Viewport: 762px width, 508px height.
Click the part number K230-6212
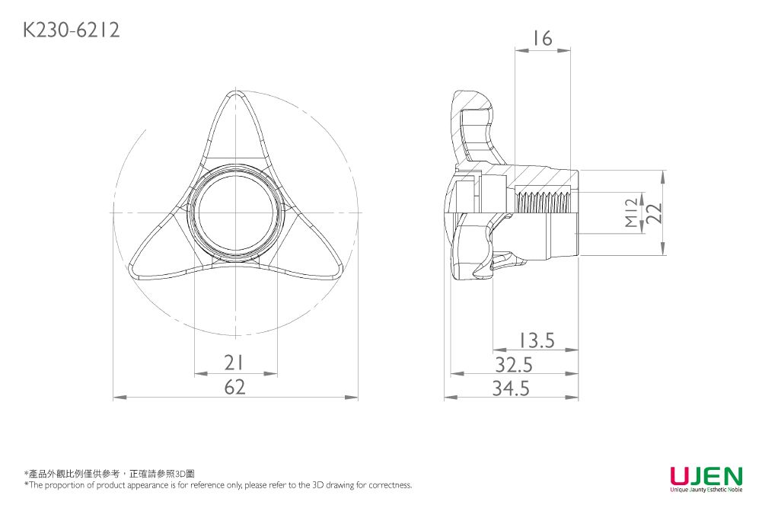click(x=71, y=30)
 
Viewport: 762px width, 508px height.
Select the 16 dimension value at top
click(x=542, y=38)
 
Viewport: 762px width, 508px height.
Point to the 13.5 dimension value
click(x=536, y=340)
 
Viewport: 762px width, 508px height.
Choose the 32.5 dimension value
click(x=514, y=365)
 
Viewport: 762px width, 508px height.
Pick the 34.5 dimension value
click(x=511, y=389)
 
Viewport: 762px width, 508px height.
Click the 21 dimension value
click(x=235, y=363)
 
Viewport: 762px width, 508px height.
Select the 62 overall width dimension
click(x=235, y=388)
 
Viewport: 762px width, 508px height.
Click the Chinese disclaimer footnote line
click(x=110, y=474)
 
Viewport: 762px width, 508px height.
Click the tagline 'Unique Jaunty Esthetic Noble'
click(x=706, y=490)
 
